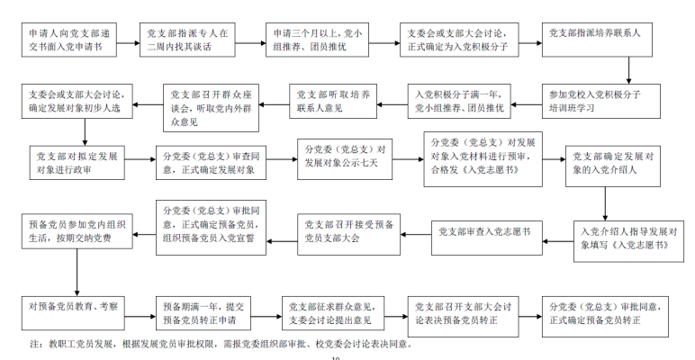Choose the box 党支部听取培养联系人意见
331,101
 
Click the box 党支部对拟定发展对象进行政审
76,163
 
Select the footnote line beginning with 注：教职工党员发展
221,344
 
